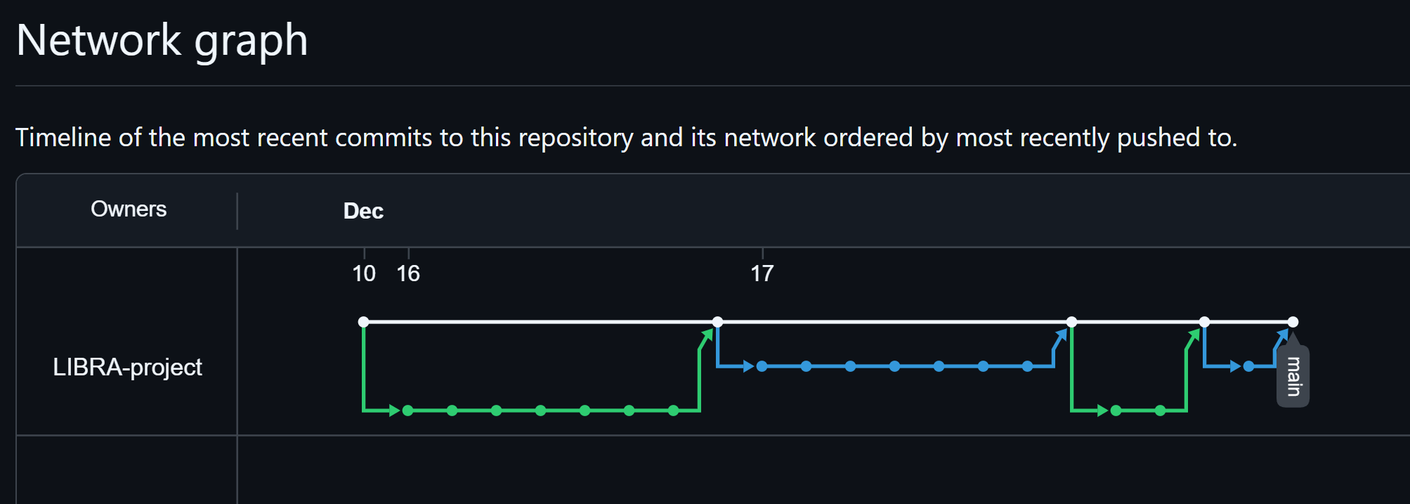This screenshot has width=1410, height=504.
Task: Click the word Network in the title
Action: [98, 40]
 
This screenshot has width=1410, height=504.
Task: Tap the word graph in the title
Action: [251, 41]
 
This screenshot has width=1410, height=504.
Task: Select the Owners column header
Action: [129, 209]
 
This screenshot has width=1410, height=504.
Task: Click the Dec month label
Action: [363, 211]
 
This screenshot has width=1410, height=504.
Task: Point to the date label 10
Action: [364, 273]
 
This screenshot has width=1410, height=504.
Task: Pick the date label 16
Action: [408, 273]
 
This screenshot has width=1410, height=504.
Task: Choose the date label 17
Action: [762, 273]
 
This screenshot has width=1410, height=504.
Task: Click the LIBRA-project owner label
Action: [127, 367]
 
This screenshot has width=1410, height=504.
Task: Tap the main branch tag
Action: [1293, 376]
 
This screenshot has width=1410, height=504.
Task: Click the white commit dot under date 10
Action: [363, 322]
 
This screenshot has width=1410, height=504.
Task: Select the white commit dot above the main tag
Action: [1293, 322]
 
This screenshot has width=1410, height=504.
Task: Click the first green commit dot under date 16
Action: [408, 411]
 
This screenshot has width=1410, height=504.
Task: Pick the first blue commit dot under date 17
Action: [762, 366]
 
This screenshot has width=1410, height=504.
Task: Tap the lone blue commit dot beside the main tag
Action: [1248, 366]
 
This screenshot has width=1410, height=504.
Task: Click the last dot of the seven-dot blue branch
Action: [1028, 366]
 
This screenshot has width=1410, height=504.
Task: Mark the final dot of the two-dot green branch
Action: [1161, 411]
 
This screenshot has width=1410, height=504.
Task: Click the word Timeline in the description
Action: [63, 137]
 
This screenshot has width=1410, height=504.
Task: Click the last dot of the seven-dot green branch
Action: [674, 411]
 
